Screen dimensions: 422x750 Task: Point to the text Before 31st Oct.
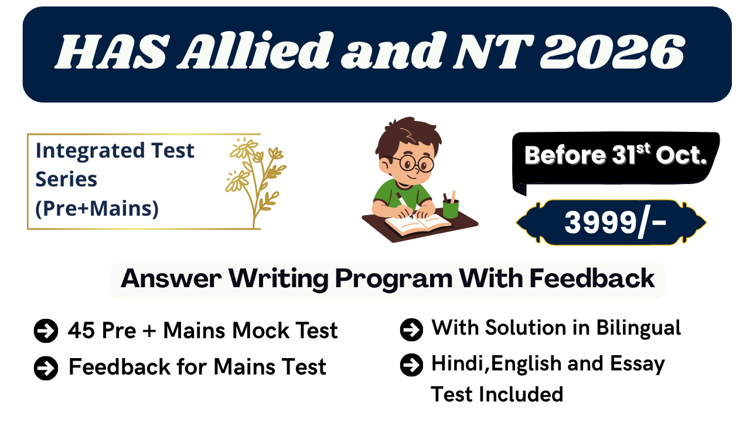(615, 155)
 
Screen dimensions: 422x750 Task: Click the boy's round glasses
(413, 162)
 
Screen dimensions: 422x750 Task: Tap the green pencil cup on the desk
(450, 207)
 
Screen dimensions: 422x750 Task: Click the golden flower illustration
(255, 176)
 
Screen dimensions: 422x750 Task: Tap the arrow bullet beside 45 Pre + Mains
(46, 331)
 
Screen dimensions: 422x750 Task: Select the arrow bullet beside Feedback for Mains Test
(46, 368)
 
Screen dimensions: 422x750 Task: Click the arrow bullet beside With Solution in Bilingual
(411, 329)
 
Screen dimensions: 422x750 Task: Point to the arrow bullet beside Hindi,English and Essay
(411, 365)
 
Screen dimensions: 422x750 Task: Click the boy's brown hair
(404, 135)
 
